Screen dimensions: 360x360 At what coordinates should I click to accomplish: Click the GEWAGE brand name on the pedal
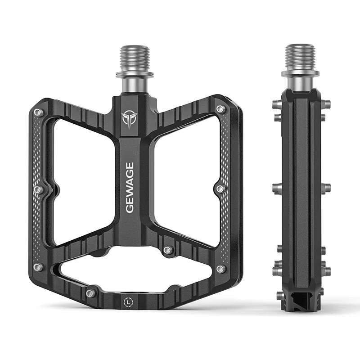pos(130,188)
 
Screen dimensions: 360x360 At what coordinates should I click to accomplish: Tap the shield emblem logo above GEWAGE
pos(130,119)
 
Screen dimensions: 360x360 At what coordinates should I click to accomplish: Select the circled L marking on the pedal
pos(128,302)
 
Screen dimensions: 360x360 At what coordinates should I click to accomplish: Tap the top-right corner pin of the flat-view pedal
pos(221,109)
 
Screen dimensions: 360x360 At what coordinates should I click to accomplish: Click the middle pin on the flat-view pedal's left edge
pos(38,189)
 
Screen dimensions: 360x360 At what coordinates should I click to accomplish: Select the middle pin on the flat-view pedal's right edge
pos(221,189)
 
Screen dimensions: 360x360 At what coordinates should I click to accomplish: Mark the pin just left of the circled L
pos(91,293)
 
